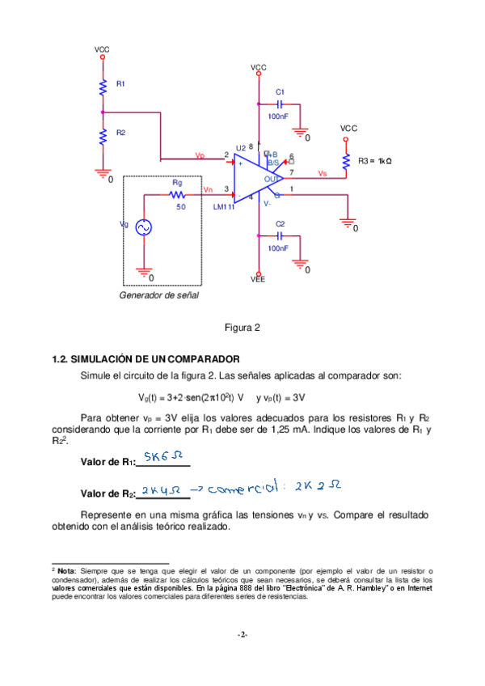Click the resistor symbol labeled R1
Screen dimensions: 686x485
103,87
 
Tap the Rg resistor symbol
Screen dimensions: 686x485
178,195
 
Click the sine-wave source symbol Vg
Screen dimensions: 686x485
145,228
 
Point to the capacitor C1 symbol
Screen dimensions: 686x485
280,104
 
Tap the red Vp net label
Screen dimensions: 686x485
200,155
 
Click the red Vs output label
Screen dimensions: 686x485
322,173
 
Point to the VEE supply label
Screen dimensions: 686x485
258,279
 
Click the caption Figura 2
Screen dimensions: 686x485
242,328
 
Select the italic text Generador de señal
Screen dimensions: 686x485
158,296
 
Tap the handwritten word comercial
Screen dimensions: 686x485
242,489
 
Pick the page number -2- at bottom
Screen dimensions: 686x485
242,634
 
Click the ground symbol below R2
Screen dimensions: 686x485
103,171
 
